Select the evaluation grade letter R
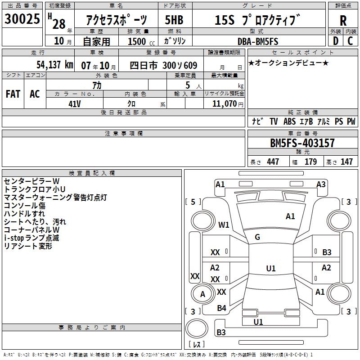coord(343,21)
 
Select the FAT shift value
coord(13,94)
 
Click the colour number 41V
coord(75,103)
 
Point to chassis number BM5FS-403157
coord(302,143)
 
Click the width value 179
coord(311,162)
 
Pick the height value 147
coord(346,162)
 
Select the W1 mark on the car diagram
coord(224,225)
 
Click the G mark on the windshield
coord(257,237)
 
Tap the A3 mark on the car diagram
coord(321,184)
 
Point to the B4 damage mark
coord(221,308)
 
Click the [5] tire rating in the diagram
coord(193,202)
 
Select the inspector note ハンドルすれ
coord(24,214)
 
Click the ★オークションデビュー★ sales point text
coord(288,63)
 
